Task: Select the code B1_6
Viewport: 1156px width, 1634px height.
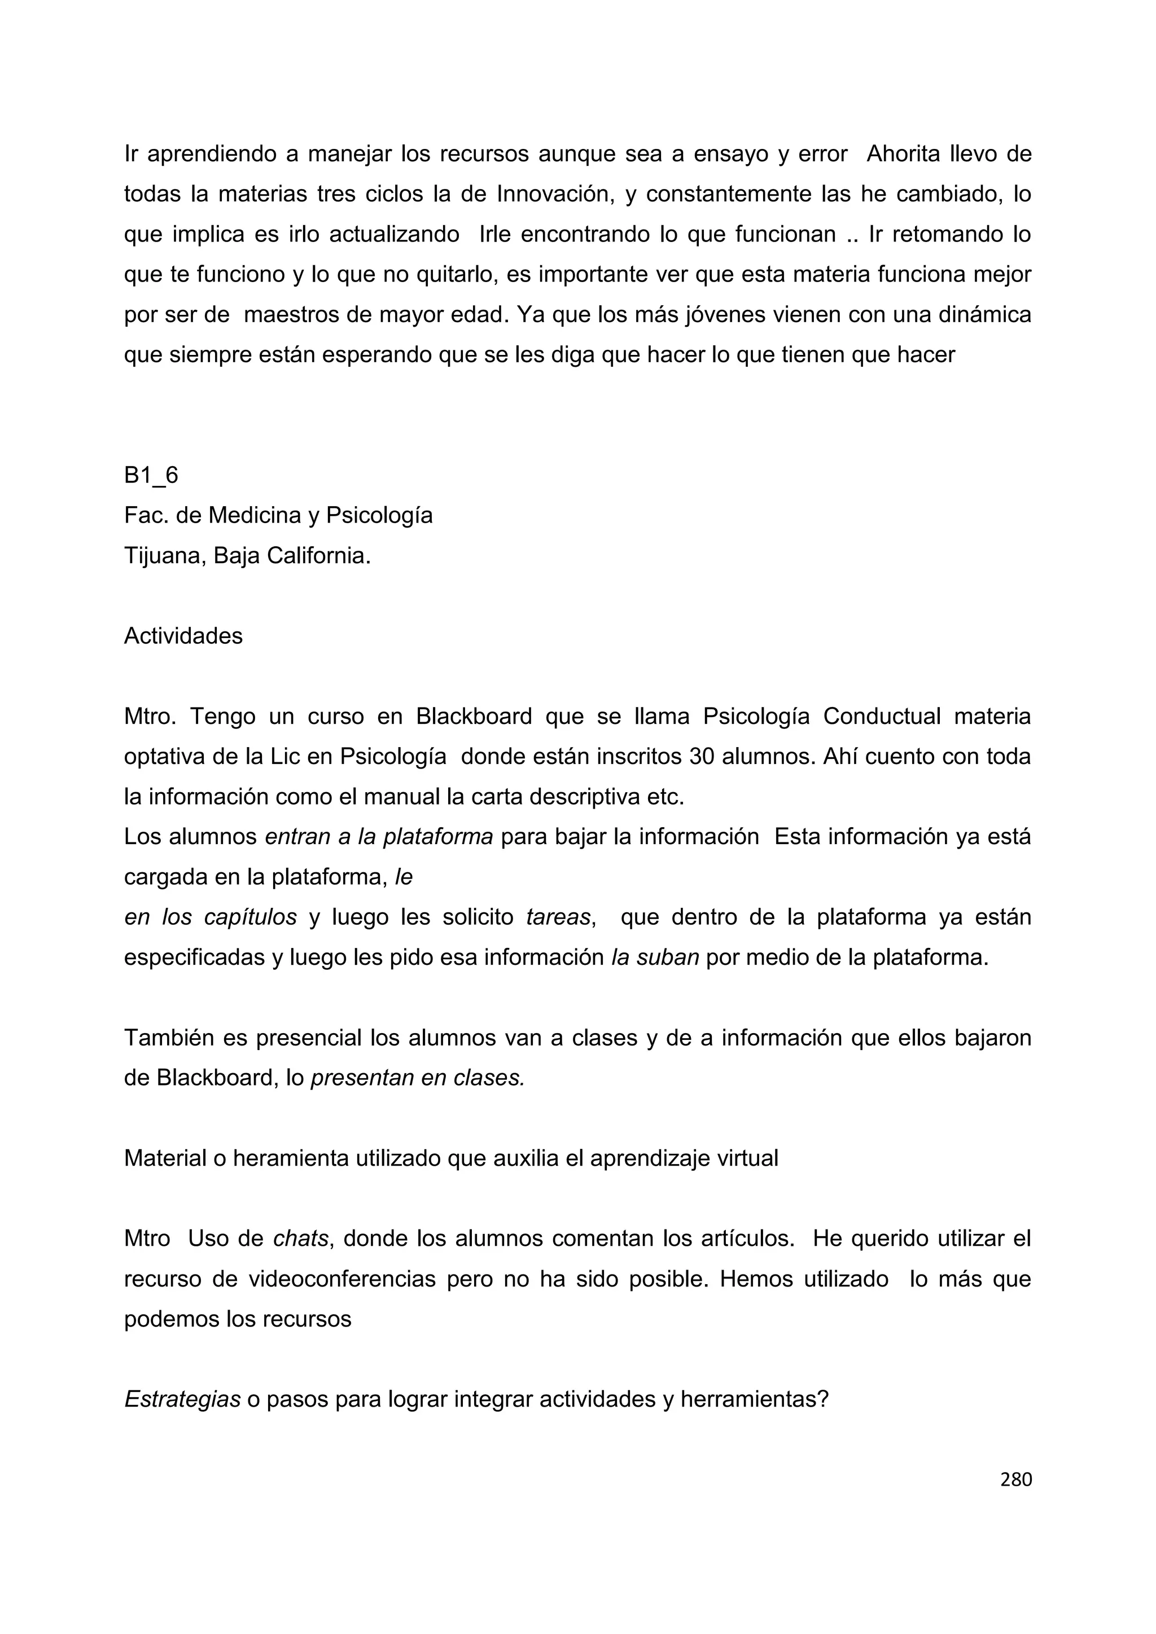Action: (x=151, y=476)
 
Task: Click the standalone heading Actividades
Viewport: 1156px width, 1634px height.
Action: (x=183, y=636)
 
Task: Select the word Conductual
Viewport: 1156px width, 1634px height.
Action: (x=881, y=717)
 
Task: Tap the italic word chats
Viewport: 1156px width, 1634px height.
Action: (x=300, y=1239)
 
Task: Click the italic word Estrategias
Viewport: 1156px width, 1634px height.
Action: (x=182, y=1400)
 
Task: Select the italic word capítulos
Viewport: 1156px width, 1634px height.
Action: (x=250, y=917)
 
